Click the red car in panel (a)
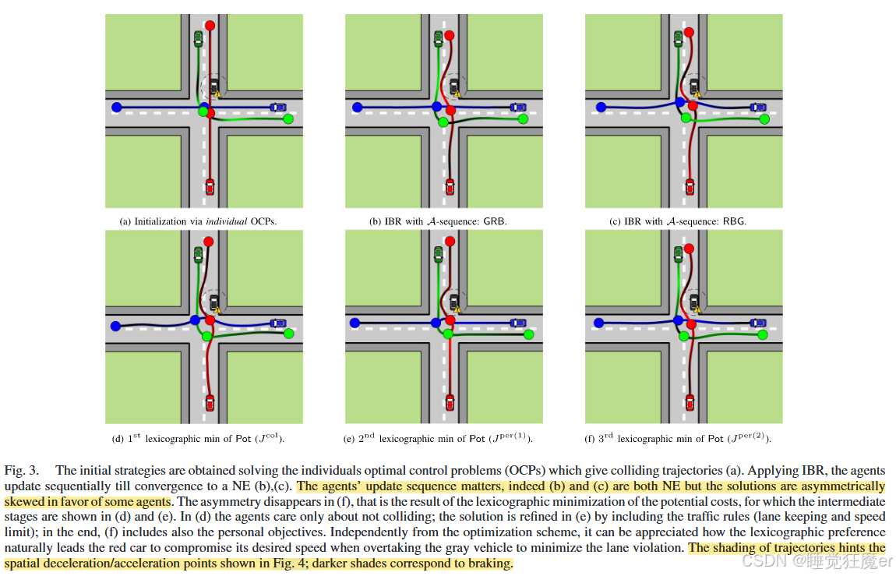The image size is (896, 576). (209, 187)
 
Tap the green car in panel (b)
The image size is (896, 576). (438, 37)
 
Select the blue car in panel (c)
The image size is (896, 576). (757, 107)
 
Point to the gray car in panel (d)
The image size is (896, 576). (213, 301)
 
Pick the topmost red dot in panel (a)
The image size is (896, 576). (209, 26)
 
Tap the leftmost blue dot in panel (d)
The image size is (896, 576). (116, 326)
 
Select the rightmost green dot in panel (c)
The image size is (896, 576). (764, 118)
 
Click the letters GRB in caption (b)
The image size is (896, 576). (495, 221)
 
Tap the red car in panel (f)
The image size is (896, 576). (689, 402)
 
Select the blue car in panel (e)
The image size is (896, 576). (517, 322)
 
